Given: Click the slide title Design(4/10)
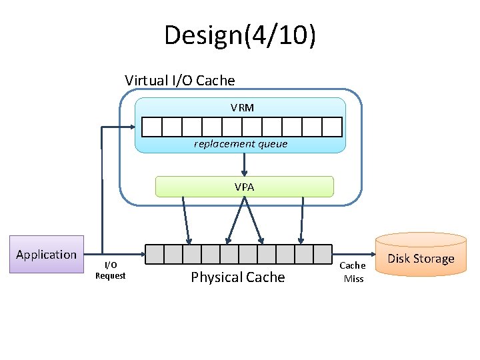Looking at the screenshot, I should click(x=240, y=35).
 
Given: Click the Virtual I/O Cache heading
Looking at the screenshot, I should click(x=180, y=81).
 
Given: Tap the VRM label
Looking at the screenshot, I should click(x=242, y=107).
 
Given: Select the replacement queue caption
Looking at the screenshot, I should click(x=241, y=143).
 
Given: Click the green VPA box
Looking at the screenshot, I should click(x=244, y=187).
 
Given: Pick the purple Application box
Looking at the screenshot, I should click(x=46, y=254).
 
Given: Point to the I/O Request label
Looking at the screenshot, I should click(x=110, y=270).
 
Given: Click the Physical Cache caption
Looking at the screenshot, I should click(x=237, y=277).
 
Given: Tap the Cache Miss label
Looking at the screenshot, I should click(x=353, y=272).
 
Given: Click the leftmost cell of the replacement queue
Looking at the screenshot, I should click(x=152, y=127).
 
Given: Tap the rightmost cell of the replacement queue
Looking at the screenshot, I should click(x=332, y=127).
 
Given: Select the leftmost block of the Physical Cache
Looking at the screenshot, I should click(x=155, y=254).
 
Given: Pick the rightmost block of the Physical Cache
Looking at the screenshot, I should click(x=322, y=254).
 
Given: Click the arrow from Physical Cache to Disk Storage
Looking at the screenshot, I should click(x=353, y=255).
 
